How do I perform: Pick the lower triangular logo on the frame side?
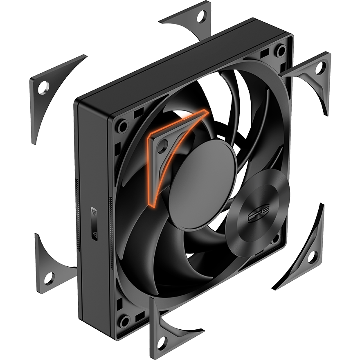coord(94,235)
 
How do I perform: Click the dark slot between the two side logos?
coord(94,224)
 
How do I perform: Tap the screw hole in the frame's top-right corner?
coord(281,51)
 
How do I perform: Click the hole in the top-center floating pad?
coord(201,17)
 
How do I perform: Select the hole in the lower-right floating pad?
coord(311,257)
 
